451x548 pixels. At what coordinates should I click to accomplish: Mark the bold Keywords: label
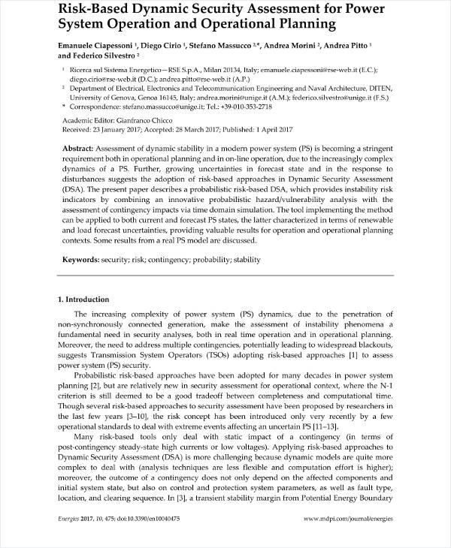click(x=80, y=260)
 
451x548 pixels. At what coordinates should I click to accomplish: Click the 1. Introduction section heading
click(x=83, y=300)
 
